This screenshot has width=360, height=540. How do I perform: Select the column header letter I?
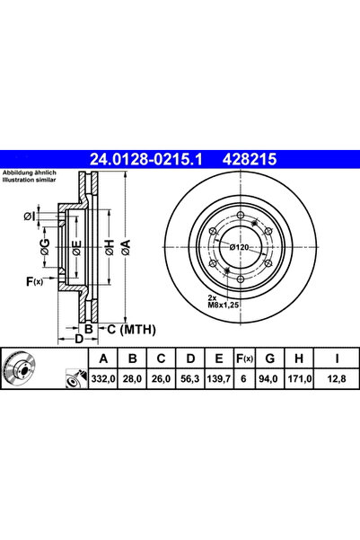click(x=338, y=359)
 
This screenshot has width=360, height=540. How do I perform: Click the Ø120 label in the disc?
click(x=240, y=246)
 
